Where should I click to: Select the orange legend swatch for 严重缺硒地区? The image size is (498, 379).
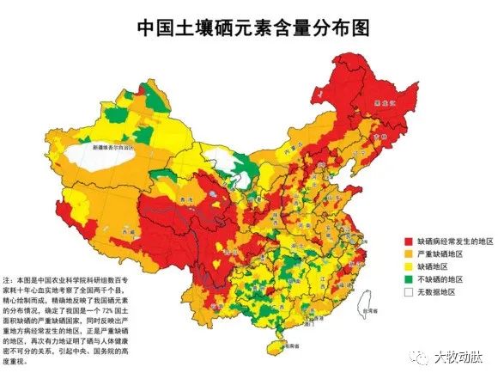tap(409, 255)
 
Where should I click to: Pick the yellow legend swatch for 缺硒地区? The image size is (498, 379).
tap(409, 267)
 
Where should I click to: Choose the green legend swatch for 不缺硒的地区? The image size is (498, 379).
tap(409, 279)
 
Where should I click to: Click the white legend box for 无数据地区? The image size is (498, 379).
tap(409, 292)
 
